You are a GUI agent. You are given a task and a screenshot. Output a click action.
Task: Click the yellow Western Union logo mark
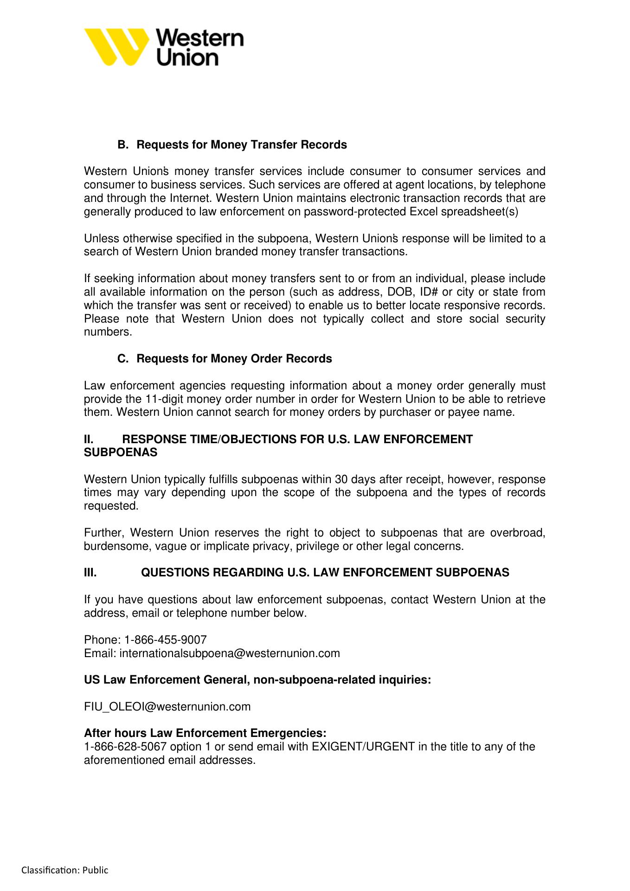pos(116,47)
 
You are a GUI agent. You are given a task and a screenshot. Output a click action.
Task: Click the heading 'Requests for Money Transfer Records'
pos(241,145)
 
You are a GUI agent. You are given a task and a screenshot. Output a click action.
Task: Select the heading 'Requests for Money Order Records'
pos(234,359)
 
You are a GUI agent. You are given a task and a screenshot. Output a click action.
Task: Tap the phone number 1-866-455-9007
pos(165,640)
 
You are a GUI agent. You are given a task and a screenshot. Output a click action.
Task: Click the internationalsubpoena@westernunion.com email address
pos(230,653)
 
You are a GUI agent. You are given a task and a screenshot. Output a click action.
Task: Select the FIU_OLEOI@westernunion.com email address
pos(167,707)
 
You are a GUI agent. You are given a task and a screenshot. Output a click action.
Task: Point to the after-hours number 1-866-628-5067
pos(125,747)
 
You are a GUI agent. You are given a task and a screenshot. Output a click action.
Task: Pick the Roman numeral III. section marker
pos(90,573)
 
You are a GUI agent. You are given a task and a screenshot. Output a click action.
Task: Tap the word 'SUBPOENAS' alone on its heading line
pos(121,452)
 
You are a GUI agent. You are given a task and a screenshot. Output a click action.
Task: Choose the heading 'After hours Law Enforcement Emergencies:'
pos(205,733)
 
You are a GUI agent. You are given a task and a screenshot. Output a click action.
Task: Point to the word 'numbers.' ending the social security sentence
pos(108,332)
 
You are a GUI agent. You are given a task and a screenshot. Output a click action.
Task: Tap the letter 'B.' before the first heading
pos(122,145)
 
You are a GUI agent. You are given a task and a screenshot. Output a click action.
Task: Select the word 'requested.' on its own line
pos(111,506)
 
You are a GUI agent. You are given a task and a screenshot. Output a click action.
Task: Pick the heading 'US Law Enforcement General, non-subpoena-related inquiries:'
pos(257,680)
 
